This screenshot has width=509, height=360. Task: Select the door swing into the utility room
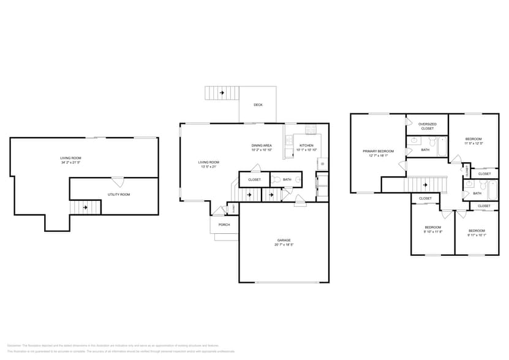(x=117, y=181)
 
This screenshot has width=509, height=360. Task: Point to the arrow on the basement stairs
(x=85, y=208)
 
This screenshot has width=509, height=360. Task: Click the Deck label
(x=258, y=105)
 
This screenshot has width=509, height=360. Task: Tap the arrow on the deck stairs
(x=221, y=93)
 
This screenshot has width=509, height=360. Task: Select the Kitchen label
(x=306, y=146)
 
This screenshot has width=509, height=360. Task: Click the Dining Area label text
(x=262, y=146)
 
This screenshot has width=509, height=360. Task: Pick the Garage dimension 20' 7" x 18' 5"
(x=284, y=245)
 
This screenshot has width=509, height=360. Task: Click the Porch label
(x=224, y=224)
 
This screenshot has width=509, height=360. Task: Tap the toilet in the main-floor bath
(x=276, y=179)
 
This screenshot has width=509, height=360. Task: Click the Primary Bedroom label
(x=378, y=151)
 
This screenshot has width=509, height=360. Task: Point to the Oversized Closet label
(x=427, y=126)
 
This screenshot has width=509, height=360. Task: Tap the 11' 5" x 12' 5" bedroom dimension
(x=473, y=144)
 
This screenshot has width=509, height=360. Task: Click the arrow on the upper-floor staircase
(x=424, y=185)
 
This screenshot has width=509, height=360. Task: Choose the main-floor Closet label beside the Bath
(x=254, y=179)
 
